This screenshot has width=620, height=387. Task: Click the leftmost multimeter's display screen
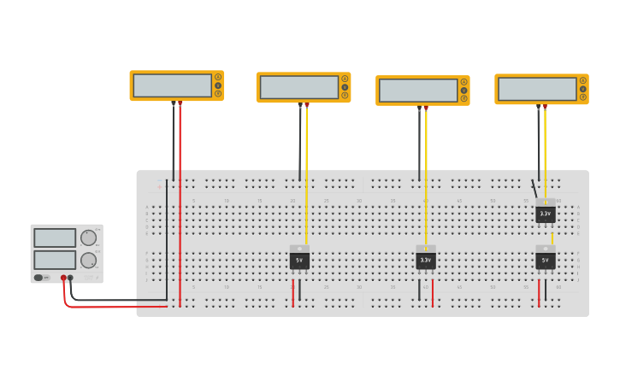coord(172,85)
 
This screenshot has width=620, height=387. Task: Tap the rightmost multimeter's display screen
coord(537,89)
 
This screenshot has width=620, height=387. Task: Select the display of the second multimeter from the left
coord(298,87)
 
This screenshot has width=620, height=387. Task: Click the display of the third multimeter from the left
coord(418,91)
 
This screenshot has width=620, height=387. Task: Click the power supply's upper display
coord(55,237)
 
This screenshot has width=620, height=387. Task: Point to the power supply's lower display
coord(55,259)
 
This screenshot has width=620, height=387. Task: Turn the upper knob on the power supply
coord(88,237)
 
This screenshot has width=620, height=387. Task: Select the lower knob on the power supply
coord(88,260)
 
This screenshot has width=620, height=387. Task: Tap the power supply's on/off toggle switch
coord(39,278)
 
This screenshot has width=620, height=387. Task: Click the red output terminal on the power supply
coord(63,278)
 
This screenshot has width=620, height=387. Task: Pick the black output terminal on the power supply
coord(70,278)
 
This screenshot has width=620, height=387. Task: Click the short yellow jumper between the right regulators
coord(552,238)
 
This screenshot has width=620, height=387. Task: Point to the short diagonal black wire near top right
coord(534,189)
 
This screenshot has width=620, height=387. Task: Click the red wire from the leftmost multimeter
coord(180,205)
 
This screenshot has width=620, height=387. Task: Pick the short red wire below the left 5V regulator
coord(292,292)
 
